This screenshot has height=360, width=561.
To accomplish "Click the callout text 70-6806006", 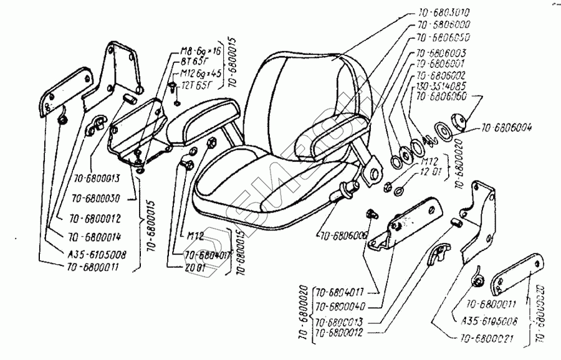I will pyautogui.click(x=343, y=236).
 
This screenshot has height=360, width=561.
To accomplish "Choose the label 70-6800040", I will pyautogui.click(x=342, y=306).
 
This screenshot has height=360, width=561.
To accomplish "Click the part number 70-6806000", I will pyautogui.click(x=443, y=26).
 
